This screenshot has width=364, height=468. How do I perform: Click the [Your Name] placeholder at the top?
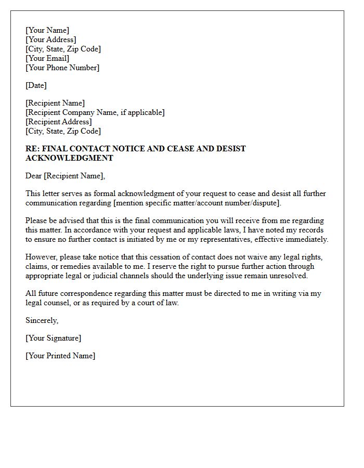pyautogui.click(x=47, y=30)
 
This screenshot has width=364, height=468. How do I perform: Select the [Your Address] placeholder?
pyautogui.click(x=51, y=40)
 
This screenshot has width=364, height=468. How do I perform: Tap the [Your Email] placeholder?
pyautogui.click(x=47, y=58)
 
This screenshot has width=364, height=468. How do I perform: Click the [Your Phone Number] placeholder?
pyautogui.click(x=62, y=68)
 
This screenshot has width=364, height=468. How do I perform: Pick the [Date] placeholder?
pyautogui.click(x=36, y=85)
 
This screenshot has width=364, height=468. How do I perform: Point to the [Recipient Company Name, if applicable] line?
pyautogui.click(x=95, y=112)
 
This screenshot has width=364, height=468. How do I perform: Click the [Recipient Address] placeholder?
pyautogui.click(x=59, y=122)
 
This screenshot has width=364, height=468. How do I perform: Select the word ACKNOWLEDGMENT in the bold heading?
pyautogui.click(x=69, y=158)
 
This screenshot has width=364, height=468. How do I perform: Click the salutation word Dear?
pyautogui.click(x=34, y=176)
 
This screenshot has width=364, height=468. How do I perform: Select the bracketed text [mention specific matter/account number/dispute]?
pyautogui.click(x=200, y=203)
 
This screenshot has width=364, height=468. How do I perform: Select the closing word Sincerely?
pyautogui.click(x=42, y=320)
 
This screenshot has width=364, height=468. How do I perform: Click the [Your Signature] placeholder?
pyautogui.click(x=53, y=338)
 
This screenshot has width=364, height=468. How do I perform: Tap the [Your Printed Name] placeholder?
pyautogui.click(x=60, y=356)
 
